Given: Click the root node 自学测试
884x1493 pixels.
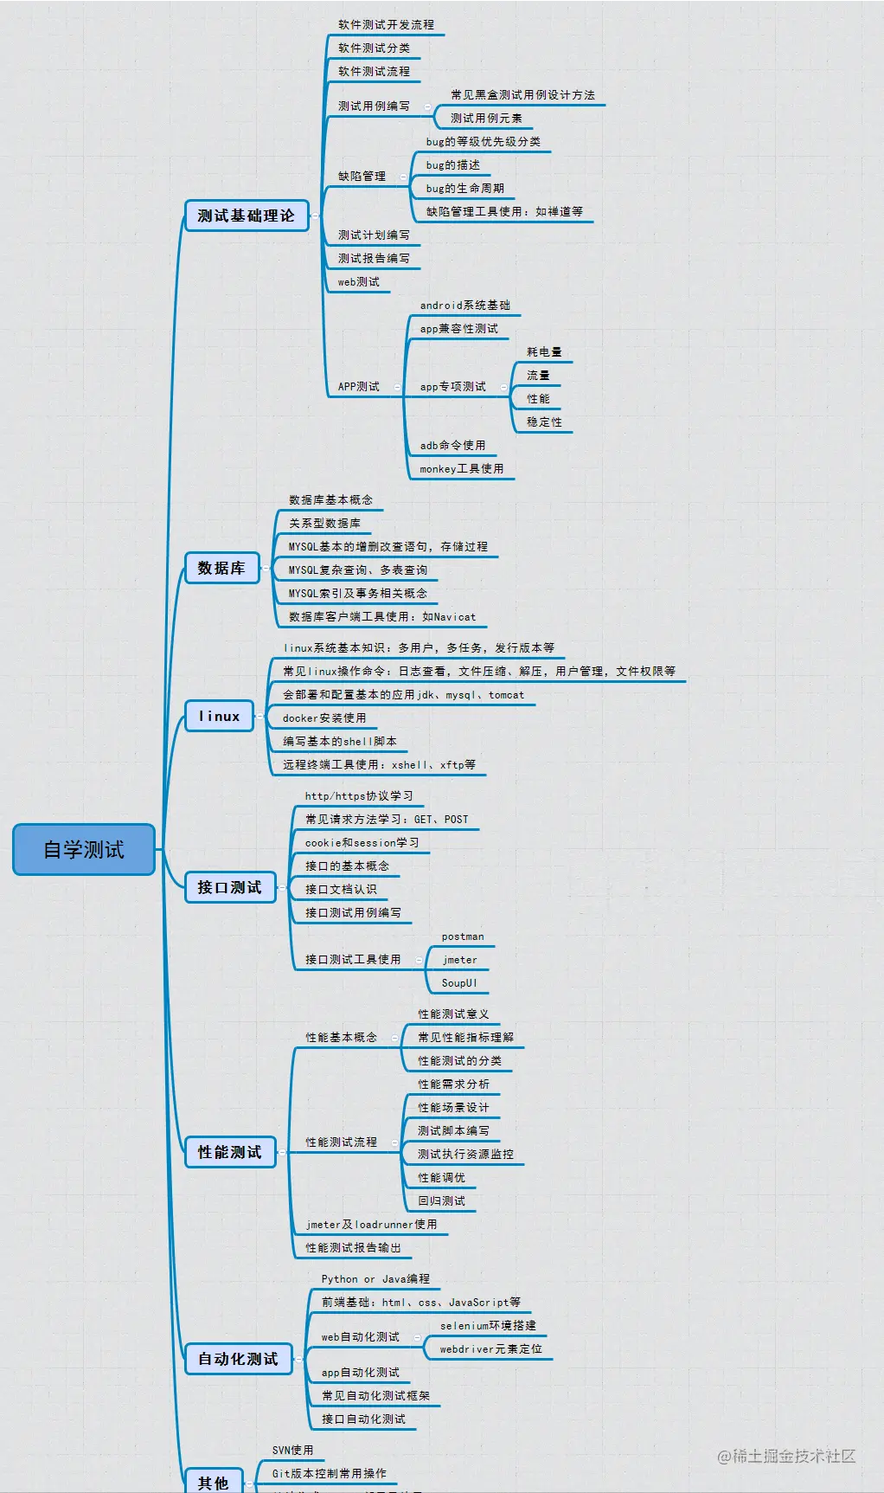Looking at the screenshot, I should (84, 850).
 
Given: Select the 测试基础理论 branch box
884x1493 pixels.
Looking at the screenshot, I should (247, 216).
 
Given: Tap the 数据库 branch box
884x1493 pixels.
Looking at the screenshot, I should (221, 569).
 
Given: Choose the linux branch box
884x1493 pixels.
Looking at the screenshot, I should (219, 717).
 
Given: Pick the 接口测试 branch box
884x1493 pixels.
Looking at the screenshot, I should (229, 887).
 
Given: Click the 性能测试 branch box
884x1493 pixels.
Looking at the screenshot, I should (229, 1152).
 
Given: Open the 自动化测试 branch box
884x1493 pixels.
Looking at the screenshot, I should (238, 1359).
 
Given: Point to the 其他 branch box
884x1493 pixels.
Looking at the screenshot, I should (214, 1482).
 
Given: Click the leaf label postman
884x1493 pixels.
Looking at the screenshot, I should (463, 936).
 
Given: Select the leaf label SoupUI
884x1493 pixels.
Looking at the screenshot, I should (459, 983).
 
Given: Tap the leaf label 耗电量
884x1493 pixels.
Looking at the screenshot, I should (544, 352).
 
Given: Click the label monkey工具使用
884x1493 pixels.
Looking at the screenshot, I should (461, 469).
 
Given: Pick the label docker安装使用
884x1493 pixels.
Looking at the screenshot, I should (324, 718).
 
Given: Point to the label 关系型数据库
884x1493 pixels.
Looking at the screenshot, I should (324, 524).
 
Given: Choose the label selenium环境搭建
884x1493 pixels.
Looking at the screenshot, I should (488, 1326).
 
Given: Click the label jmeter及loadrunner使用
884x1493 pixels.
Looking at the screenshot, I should (371, 1225).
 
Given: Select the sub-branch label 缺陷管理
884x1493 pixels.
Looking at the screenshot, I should (362, 177).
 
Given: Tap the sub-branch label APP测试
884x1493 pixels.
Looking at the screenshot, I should (358, 387).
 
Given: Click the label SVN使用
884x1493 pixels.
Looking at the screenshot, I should (292, 1451).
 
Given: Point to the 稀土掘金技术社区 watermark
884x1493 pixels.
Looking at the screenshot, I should (786, 1457).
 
